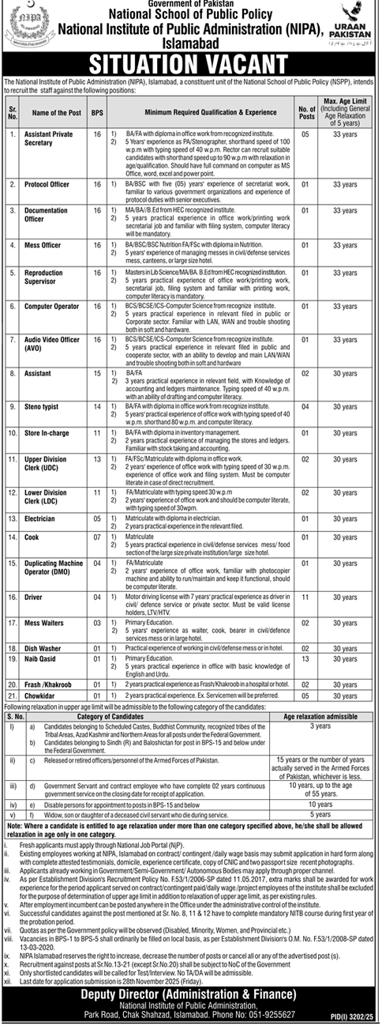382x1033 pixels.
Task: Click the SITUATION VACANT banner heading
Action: [x=191, y=62]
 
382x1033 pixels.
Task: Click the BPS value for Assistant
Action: [x=97, y=371]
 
